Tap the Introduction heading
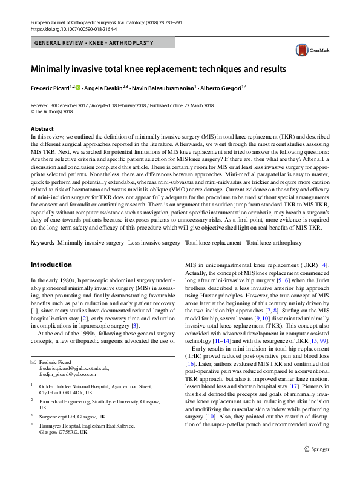(52, 265)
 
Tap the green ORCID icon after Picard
(77, 88)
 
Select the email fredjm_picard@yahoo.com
(67, 374)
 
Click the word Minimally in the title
(53, 69)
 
